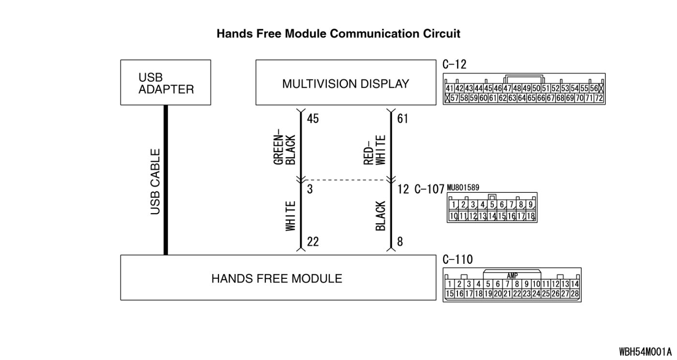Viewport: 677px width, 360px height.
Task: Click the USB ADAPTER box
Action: point(165,83)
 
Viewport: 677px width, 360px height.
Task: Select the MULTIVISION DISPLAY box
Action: point(345,83)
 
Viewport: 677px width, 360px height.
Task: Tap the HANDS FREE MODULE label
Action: point(277,278)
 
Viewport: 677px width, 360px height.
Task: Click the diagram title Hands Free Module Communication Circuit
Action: point(338,34)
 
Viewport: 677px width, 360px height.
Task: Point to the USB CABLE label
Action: point(155,181)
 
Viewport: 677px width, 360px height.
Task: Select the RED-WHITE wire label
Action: point(375,150)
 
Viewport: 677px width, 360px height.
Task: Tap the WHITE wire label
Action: point(290,216)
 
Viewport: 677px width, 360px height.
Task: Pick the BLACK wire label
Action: point(381,216)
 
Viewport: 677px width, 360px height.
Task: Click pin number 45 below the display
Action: point(313,118)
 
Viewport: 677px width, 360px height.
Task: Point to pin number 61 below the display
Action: point(402,118)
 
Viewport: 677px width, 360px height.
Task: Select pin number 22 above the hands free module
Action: point(313,242)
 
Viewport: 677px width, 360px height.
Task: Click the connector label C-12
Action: point(455,65)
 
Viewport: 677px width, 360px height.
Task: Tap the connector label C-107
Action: point(429,189)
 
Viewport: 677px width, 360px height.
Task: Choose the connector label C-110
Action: point(457,259)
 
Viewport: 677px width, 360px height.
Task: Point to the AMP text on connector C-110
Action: point(513,275)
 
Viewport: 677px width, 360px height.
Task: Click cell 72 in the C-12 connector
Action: point(599,99)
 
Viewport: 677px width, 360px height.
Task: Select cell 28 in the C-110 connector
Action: point(574,293)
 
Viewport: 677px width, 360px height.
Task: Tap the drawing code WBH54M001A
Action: point(646,351)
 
